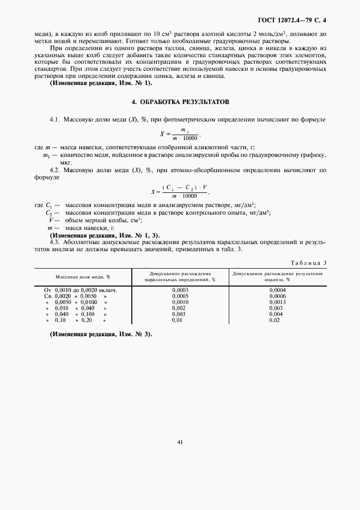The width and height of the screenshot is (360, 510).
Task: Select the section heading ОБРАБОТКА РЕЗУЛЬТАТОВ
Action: (180, 102)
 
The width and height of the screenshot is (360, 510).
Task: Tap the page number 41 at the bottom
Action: (180, 442)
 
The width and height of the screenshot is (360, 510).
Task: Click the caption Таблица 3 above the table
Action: (309, 263)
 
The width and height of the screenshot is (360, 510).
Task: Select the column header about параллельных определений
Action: (180, 276)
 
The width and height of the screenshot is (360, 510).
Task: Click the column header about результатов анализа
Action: (277, 276)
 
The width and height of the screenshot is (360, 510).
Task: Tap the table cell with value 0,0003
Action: (180, 290)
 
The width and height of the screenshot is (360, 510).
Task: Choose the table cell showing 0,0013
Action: (277, 302)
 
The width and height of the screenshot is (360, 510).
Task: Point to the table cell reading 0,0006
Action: (277, 296)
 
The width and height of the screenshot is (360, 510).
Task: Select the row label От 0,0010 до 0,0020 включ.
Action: (81, 290)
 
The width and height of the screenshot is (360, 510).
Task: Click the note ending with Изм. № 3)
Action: (101, 333)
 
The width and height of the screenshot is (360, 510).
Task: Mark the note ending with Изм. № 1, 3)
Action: (105, 235)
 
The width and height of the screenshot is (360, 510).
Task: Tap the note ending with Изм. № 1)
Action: (101, 83)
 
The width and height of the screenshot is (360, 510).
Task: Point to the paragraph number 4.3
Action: (54, 241)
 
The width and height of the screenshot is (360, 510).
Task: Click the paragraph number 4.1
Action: (54, 119)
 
